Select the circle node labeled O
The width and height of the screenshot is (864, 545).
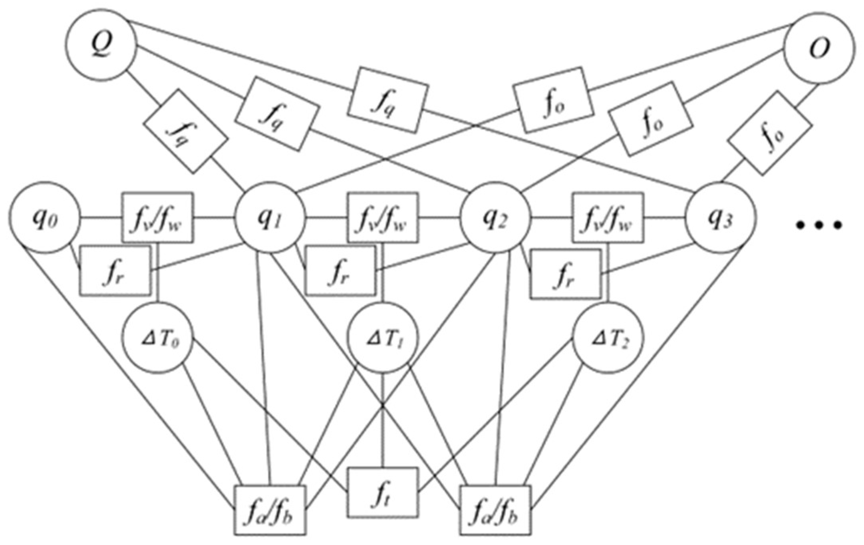(819, 48)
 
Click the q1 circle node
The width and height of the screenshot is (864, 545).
(270, 217)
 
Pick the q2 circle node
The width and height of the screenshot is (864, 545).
(495, 217)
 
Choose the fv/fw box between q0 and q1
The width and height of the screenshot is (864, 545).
(158, 217)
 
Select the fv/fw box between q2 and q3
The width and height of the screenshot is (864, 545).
(608, 217)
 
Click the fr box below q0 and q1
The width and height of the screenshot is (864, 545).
(116, 271)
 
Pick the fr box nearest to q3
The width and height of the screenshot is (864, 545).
(566, 273)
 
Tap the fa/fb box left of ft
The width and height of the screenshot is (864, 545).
(270, 510)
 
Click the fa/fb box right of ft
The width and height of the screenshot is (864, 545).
(496, 510)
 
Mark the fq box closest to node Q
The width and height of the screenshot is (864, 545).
(186, 131)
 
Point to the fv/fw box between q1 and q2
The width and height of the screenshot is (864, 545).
(383, 217)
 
